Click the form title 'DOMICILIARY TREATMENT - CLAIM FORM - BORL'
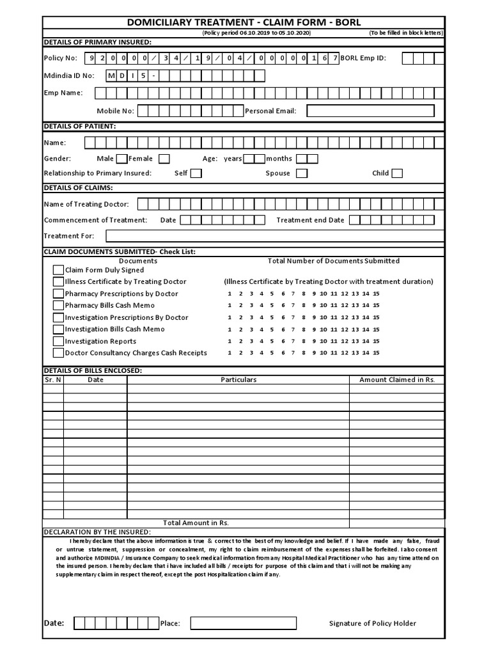[x=244, y=22]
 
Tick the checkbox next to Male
[x=121, y=159]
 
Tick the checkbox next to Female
[x=164, y=159]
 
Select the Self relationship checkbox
[x=196, y=173]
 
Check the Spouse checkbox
[x=302, y=173]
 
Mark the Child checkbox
[x=397, y=173]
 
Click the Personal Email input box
[x=375, y=111]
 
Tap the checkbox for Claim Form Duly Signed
[x=58, y=270]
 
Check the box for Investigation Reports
[x=58, y=341]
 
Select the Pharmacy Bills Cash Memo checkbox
[x=58, y=306]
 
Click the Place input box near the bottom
[x=243, y=623]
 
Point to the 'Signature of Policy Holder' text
[x=372, y=624]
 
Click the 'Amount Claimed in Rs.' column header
[x=397, y=380]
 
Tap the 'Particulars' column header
[x=238, y=380]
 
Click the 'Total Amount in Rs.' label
[x=196, y=523]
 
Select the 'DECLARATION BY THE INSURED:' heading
[x=97, y=532]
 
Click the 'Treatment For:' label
[x=65, y=236]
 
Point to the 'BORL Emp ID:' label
[x=363, y=58]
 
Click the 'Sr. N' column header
[x=53, y=380]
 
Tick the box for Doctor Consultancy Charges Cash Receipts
[x=58, y=352]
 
